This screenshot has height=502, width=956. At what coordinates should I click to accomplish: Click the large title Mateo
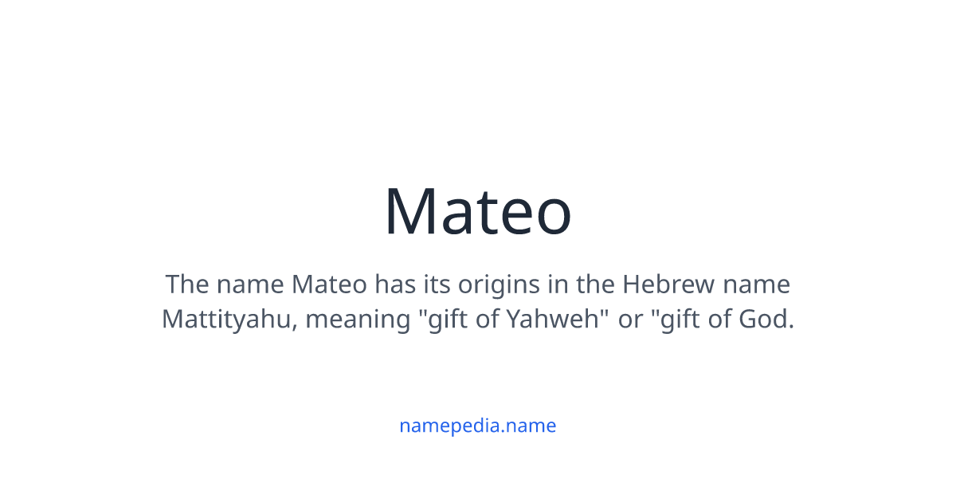tap(478, 212)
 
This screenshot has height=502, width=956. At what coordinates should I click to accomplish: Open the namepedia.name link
tap(477, 426)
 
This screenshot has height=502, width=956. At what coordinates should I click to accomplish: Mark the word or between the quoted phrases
tap(630, 320)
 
